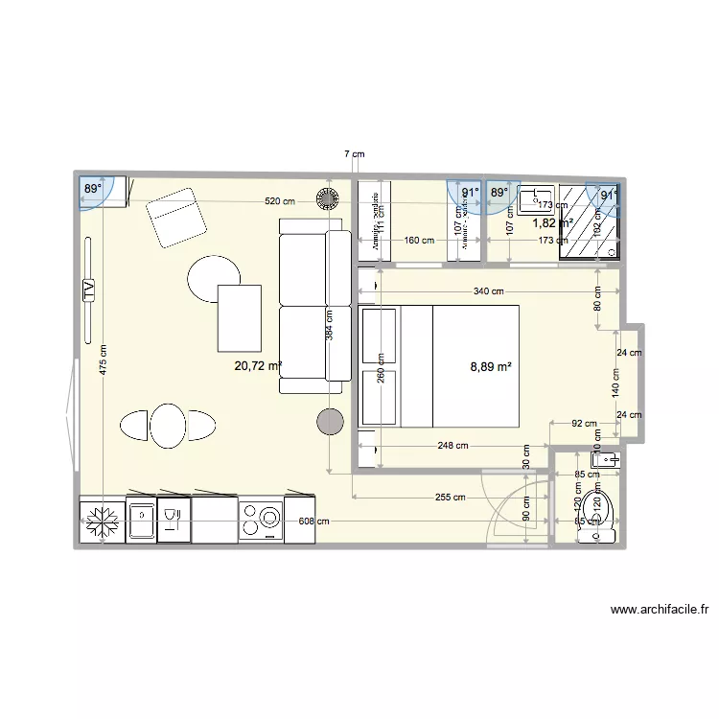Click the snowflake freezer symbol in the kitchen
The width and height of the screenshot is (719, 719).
click(101, 522)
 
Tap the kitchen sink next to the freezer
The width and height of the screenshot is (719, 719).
click(141, 521)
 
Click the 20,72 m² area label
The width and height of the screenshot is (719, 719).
click(258, 365)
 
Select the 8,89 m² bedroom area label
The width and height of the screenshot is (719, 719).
click(490, 365)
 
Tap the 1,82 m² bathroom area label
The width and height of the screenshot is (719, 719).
click(552, 222)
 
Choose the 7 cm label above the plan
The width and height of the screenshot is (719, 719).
click(355, 153)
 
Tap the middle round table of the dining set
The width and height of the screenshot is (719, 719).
click(168, 425)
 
